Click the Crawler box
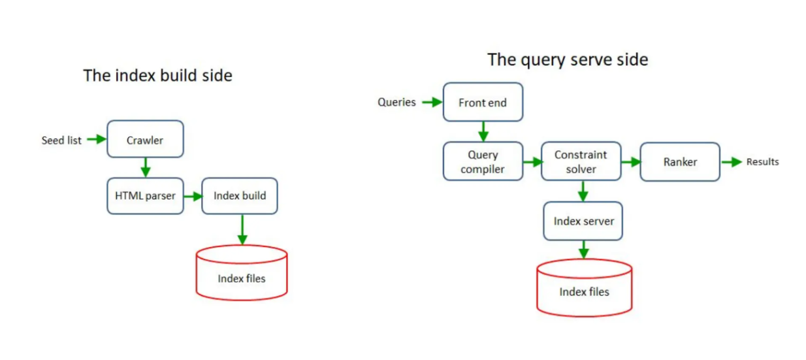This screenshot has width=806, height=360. (145, 139)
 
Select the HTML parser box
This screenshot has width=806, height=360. (145, 195)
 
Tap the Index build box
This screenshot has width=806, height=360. (240, 195)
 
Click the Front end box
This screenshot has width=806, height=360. (483, 102)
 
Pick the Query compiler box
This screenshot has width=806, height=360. (483, 161)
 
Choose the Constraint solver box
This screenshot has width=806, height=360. (581, 161)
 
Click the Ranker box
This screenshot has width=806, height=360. (679, 161)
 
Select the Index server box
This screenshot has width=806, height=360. (583, 221)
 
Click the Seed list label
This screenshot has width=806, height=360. (61, 140)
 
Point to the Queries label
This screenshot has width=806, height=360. (396, 103)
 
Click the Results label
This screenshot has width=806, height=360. (762, 162)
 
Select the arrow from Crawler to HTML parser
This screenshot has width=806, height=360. (145, 167)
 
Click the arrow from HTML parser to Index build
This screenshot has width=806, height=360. (192, 195)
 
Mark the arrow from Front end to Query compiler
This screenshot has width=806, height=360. (483, 131)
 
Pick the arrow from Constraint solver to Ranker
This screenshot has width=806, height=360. (630, 161)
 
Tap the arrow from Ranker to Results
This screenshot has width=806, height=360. (731, 162)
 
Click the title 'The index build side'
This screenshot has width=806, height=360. (157, 75)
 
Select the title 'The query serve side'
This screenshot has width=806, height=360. (568, 59)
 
